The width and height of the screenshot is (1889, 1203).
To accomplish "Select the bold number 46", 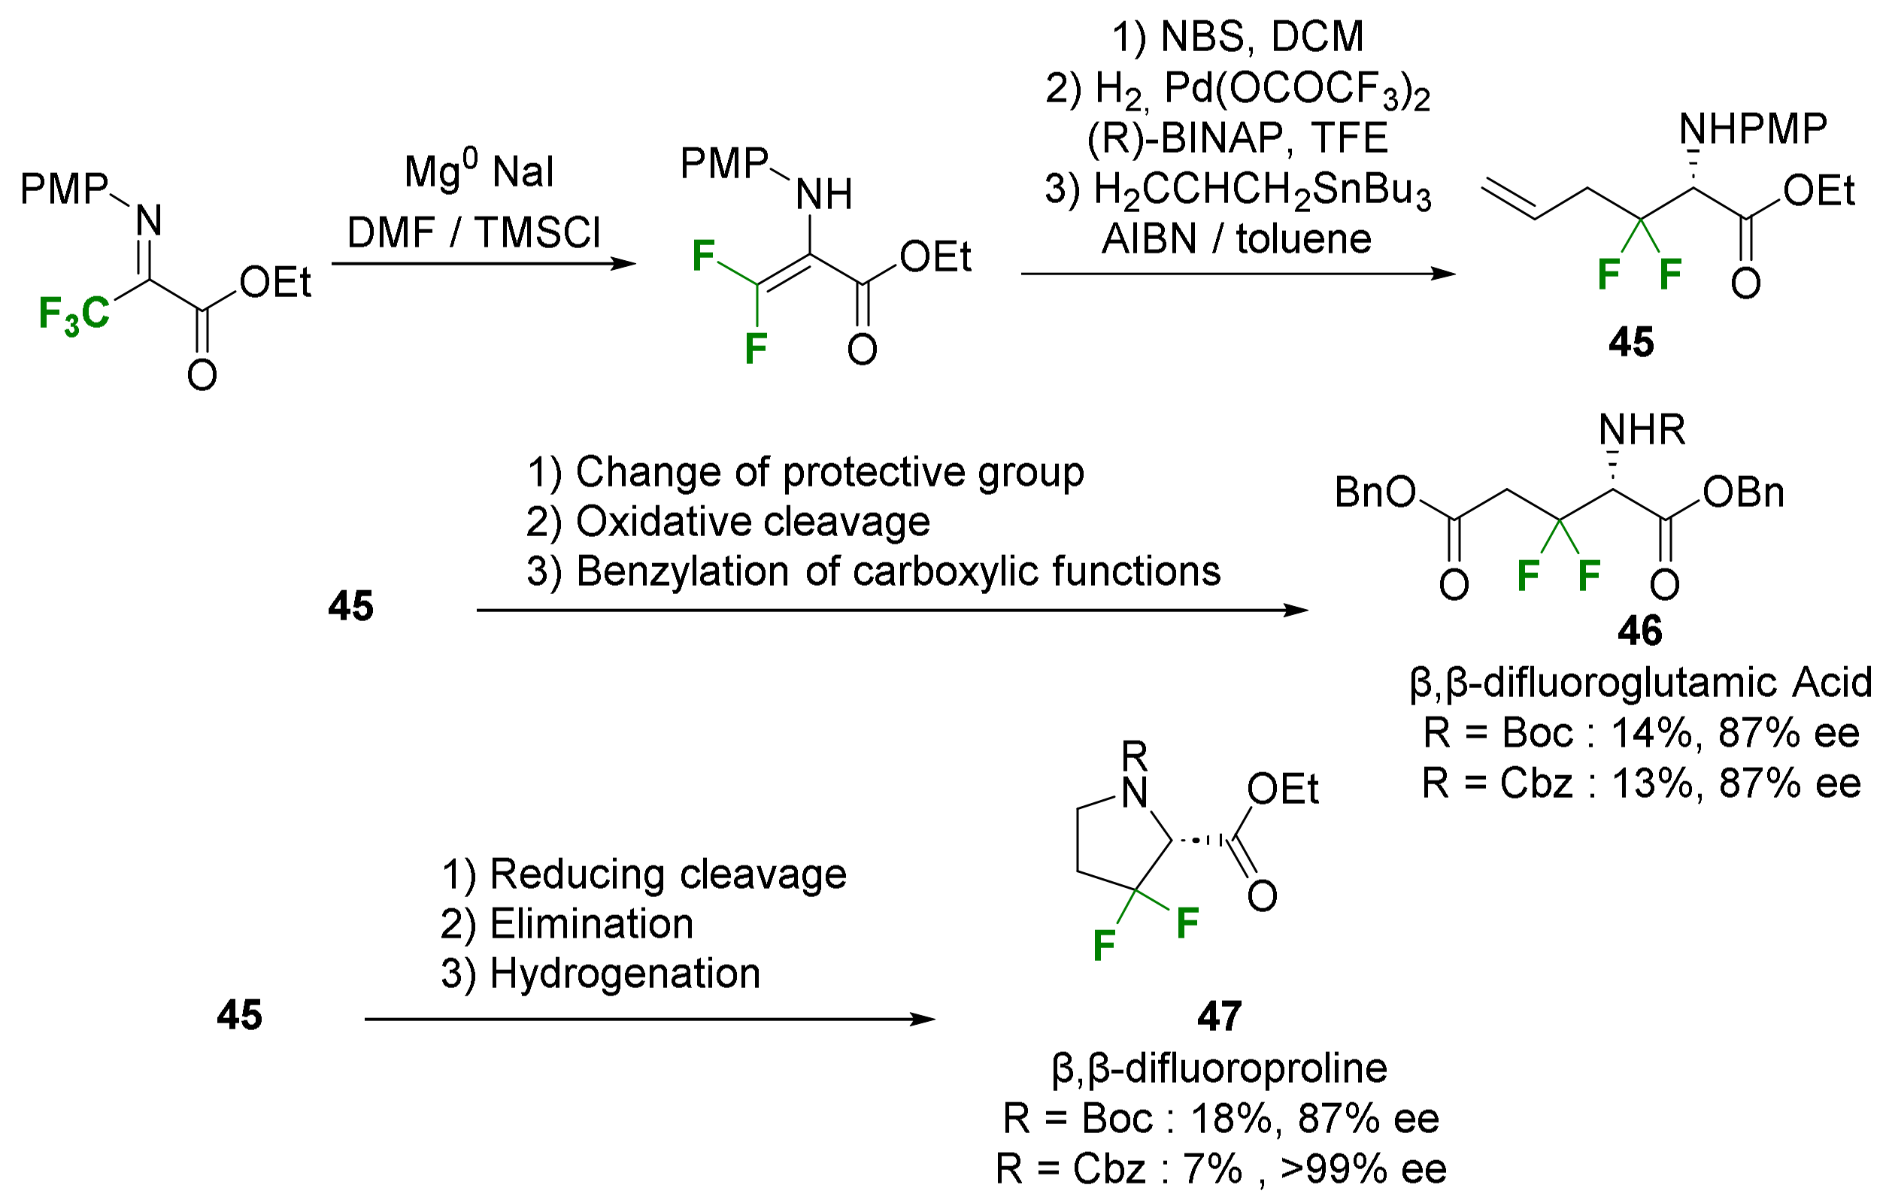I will tap(1639, 631).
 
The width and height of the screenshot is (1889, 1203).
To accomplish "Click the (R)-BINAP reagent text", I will tap(1184, 138).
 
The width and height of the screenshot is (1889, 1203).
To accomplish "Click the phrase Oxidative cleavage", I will tap(752, 522).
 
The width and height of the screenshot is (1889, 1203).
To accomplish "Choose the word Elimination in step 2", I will tap(592, 924).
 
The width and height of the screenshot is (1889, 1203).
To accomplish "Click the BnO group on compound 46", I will tap(1375, 492).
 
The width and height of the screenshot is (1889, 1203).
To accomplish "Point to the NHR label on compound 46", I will tap(1641, 430).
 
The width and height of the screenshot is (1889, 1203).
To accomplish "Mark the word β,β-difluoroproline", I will tap(1219, 1068).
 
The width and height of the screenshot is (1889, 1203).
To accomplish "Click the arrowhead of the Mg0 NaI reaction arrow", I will tap(624, 263).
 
